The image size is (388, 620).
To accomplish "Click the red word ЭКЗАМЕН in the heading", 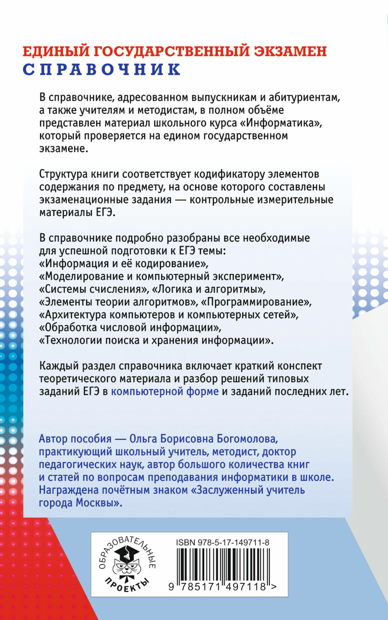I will [290, 51].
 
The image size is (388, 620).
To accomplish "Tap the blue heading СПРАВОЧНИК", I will [102, 69].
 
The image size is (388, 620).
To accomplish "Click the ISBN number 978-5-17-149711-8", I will [222, 542].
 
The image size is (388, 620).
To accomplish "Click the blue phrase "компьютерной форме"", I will [165, 392].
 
